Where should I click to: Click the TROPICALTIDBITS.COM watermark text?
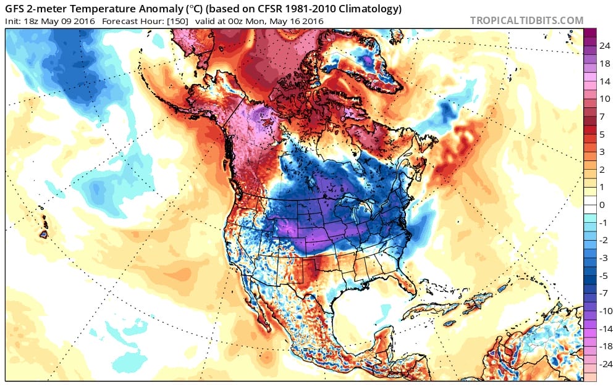pos(526,20)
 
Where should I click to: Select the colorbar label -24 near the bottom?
pos(604,363)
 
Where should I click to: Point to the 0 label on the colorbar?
pos(602,204)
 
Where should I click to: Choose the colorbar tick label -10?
pos(604,310)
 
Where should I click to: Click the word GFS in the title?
pos(17,9)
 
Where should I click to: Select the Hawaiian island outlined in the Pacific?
pos(43,234)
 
